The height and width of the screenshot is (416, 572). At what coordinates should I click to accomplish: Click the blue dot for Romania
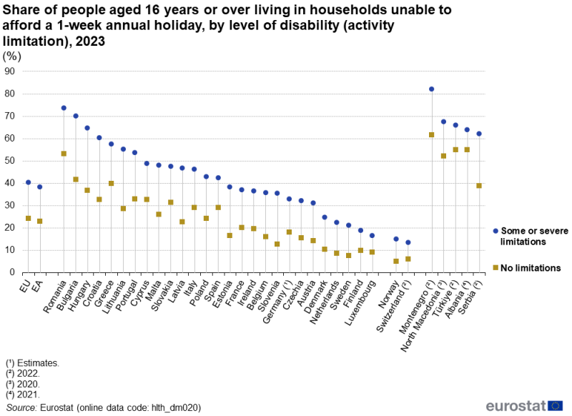(64, 108)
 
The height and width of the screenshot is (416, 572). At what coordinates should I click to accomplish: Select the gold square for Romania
(64, 154)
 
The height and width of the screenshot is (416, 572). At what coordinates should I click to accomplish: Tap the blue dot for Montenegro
(431, 89)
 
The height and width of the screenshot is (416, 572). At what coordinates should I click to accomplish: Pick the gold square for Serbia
(478, 186)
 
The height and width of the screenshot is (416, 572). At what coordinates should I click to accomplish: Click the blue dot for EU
(28, 182)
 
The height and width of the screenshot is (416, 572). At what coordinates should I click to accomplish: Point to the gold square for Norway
(396, 261)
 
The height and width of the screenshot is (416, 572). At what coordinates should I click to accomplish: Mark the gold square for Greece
(111, 183)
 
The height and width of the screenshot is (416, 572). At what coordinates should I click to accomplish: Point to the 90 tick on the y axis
(9, 71)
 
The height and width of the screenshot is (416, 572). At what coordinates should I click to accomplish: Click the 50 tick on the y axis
(9, 161)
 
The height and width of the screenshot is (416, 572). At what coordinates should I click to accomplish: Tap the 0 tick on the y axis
(12, 272)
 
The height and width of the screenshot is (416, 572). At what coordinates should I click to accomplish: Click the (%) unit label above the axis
(12, 56)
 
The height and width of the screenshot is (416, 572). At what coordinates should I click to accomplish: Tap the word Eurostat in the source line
(58, 407)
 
